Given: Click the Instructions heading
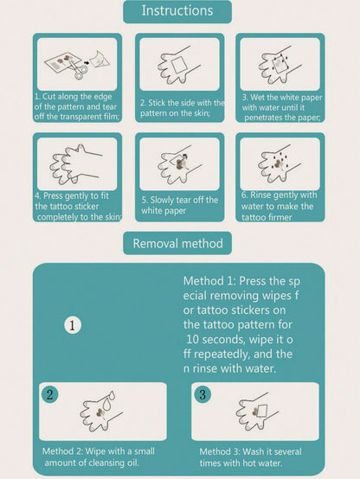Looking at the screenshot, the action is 177,11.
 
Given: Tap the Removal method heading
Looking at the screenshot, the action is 177,244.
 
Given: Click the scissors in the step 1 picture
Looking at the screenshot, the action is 79,69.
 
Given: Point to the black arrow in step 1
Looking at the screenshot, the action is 87,63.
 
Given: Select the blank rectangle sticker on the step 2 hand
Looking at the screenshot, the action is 177,65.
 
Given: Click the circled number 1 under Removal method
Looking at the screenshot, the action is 73,325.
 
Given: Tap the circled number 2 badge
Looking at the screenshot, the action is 50,394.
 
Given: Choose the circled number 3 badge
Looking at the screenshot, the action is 202,394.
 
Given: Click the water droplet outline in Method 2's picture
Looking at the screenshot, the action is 108,401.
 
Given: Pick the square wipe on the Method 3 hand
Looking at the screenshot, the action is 262,412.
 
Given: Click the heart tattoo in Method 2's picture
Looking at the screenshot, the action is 100,413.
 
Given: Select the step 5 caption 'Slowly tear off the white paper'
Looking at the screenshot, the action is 179,205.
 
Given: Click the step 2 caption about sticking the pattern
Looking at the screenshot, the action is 183,108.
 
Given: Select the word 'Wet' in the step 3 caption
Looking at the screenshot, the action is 257,98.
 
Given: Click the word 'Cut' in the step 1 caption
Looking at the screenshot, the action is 49,97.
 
